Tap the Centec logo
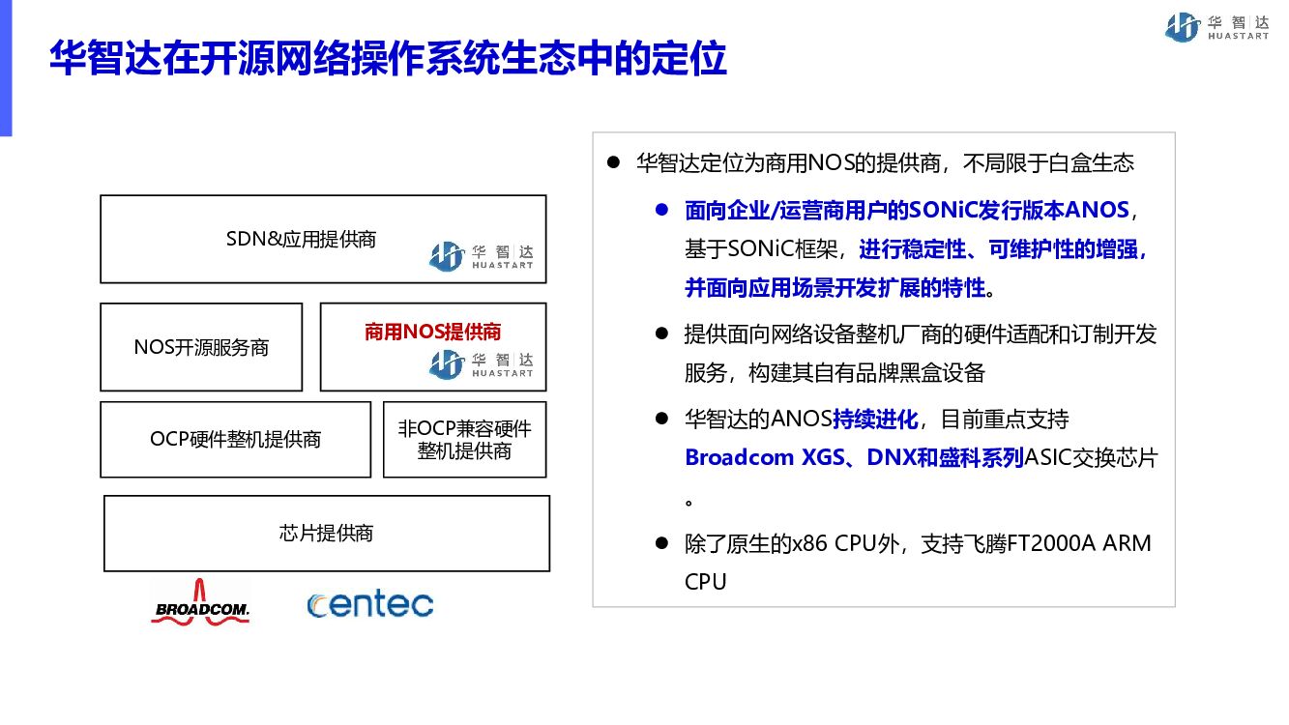pyautogui.click(x=369, y=604)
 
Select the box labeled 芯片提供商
pyautogui.click(x=326, y=534)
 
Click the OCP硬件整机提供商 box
pyautogui.click(x=235, y=440)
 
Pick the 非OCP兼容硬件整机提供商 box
pyautogui.click(x=464, y=440)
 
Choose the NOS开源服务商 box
pyautogui.click(x=201, y=347)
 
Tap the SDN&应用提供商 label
pyautogui.click(x=301, y=239)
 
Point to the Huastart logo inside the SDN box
pyautogui.click(x=481, y=256)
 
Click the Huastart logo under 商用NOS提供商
pyautogui.click(x=481, y=364)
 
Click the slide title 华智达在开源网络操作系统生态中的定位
pyautogui.click(x=388, y=59)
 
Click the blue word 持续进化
pyautogui.click(x=875, y=420)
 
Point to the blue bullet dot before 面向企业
pyautogui.click(x=661, y=210)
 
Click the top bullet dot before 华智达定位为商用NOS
pyautogui.click(x=612, y=162)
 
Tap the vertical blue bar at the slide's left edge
pyautogui.click(x=6, y=68)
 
